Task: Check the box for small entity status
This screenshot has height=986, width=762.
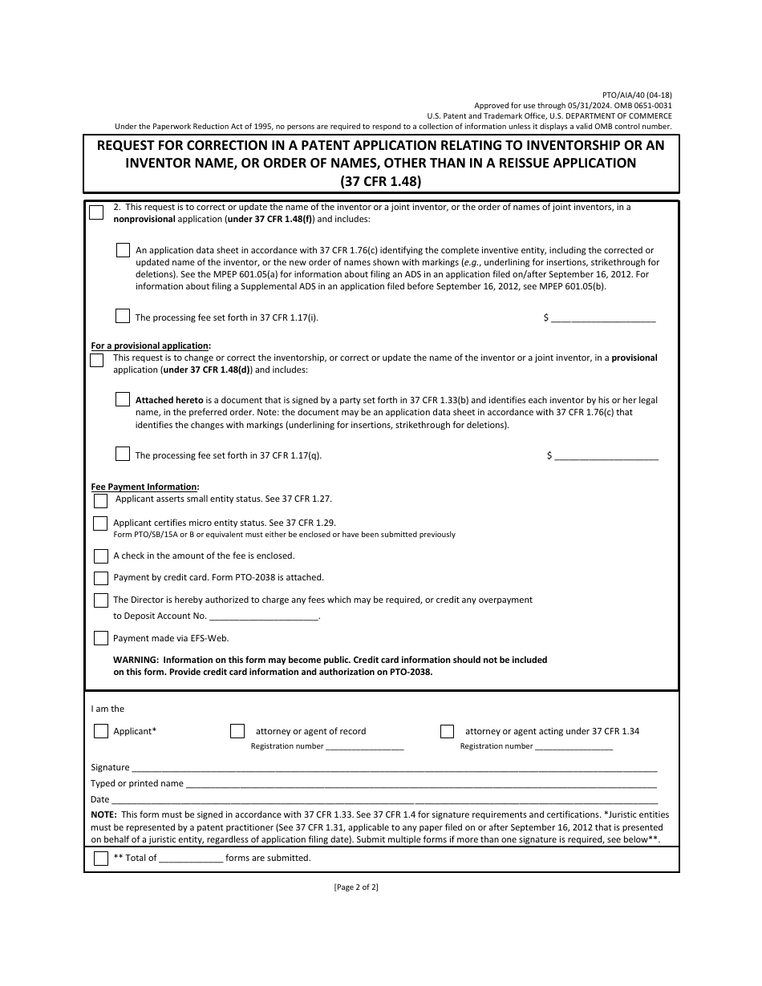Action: click(100, 501)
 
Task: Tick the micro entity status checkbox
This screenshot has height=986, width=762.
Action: click(100, 523)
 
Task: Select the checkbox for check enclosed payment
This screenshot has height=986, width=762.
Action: click(100, 556)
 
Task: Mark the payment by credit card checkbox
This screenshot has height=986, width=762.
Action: click(100, 578)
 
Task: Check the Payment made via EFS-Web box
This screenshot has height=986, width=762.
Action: click(100, 639)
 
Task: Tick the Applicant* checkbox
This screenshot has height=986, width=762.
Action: click(100, 731)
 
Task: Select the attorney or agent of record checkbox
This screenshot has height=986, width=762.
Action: click(237, 731)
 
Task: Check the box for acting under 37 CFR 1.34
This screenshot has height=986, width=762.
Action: click(447, 731)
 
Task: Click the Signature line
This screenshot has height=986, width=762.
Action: click(393, 768)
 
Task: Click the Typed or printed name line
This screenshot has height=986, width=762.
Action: click(420, 784)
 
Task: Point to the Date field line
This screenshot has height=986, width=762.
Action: click(383, 800)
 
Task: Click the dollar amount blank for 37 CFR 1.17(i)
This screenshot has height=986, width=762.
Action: click(603, 318)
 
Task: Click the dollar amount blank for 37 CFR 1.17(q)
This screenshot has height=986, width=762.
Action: click(606, 456)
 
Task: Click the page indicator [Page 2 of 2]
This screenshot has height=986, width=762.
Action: click(355, 887)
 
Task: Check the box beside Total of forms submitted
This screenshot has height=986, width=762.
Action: click(100, 859)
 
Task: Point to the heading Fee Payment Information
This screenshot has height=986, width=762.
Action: click(144, 487)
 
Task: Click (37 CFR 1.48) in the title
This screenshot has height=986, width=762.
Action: click(380, 180)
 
